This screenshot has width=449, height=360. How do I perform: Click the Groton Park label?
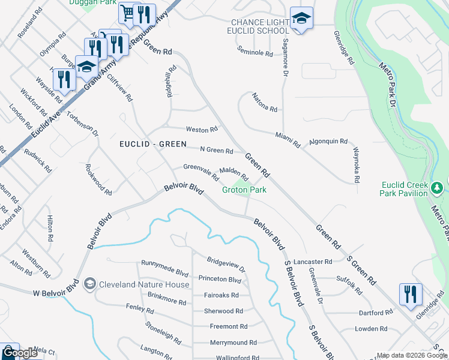pyautogui.click(x=244, y=190)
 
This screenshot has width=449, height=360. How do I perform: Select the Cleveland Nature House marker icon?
pyautogui.click(x=90, y=283)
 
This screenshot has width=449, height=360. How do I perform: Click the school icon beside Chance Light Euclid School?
pyautogui.click(x=301, y=18)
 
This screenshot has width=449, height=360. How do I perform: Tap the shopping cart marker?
pyautogui.click(x=127, y=13)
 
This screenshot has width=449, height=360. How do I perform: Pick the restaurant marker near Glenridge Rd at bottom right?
pyautogui.click(x=411, y=293)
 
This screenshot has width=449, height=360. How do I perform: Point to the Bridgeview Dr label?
pyautogui.click(x=226, y=264)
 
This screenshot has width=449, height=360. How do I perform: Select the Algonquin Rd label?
pyautogui.click(x=328, y=142)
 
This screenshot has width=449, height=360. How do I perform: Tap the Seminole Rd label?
pyautogui.click(x=255, y=53)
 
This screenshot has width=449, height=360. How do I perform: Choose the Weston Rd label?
pyautogui.click(x=201, y=130)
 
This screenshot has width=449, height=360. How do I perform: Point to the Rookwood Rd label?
pyautogui.click(x=98, y=180)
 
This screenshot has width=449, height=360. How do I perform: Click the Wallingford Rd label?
pyautogui.click(x=237, y=358)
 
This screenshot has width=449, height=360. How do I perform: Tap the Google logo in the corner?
pyautogui.click(x=19, y=353)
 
